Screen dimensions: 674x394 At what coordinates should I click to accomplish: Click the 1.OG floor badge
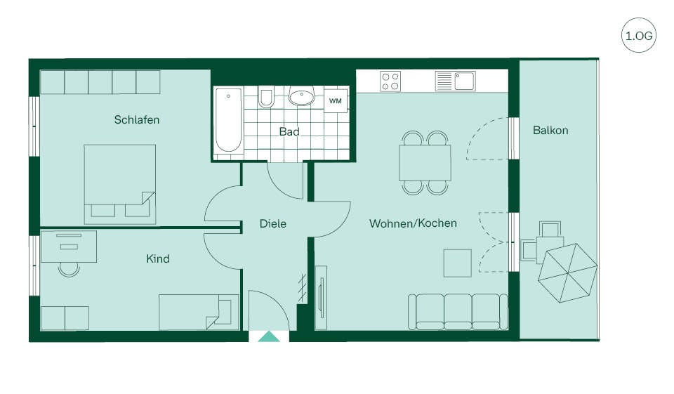click(x=639, y=35)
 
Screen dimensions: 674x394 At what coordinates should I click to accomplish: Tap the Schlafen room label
click(x=137, y=119)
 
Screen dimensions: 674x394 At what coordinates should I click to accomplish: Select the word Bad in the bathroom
click(x=289, y=131)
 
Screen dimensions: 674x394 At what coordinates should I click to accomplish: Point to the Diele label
click(x=273, y=223)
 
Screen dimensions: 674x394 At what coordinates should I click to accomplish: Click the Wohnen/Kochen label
click(x=413, y=223)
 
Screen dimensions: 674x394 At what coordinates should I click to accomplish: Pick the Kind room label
click(x=158, y=258)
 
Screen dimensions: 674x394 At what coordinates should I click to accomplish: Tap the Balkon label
click(x=550, y=131)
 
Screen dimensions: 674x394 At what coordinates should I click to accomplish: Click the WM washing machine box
click(x=336, y=101)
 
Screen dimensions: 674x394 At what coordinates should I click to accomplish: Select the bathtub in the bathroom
click(x=228, y=121)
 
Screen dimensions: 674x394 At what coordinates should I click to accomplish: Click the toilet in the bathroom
click(x=266, y=98)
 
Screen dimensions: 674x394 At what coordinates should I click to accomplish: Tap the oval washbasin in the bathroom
click(x=302, y=97)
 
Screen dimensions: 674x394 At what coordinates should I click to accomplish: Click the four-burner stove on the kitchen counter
click(x=390, y=81)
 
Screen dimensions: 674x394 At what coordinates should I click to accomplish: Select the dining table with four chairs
click(x=425, y=163)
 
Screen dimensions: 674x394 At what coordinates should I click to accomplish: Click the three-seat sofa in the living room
click(x=458, y=312)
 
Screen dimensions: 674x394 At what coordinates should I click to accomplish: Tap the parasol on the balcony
click(x=568, y=273)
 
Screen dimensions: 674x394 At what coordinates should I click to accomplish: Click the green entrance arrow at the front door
click(x=269, y=337)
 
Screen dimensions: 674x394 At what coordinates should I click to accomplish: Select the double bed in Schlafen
click(x=120, y=184)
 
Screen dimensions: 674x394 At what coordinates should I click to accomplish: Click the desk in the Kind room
click(x=68, y=247)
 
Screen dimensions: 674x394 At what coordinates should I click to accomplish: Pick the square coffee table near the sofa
click(x=458, y=263)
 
